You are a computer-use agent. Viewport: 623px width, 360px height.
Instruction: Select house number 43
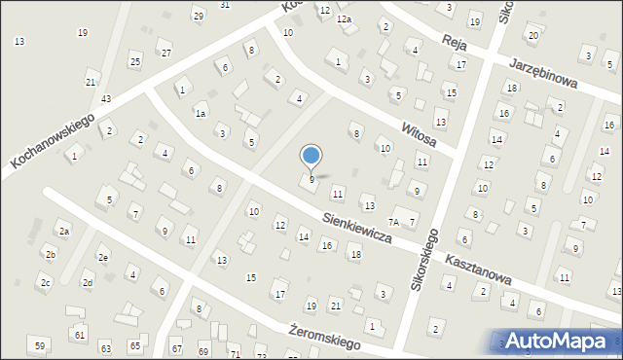(105, 100)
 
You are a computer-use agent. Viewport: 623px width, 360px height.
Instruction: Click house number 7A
(395, 223)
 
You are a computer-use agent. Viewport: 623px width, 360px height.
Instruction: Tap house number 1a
(200, 114)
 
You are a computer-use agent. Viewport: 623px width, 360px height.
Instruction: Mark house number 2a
(63, 232)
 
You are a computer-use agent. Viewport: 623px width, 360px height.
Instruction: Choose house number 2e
(102, 258)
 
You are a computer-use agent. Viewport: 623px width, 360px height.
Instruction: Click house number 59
(40, 346)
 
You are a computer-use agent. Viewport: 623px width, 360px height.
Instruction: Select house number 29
(199, 16)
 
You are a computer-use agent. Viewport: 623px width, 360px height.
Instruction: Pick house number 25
(135, 62)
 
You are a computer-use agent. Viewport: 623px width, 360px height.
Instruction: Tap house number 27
(165, 53)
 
